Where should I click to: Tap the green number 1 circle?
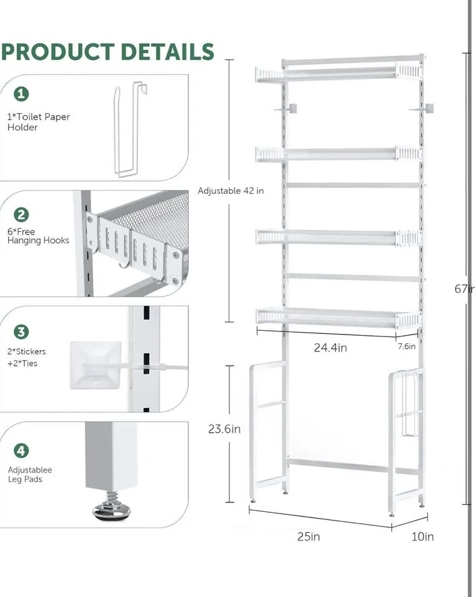click(22, 94)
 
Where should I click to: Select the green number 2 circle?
click(22, 215)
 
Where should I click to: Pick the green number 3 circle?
click(22, 332)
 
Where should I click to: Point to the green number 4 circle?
click(22, 450)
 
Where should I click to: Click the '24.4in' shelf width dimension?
click(330, 348)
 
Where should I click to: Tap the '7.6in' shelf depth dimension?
click(406, 347)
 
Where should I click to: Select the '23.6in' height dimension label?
click(224, 429)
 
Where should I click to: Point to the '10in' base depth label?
click(422, 537)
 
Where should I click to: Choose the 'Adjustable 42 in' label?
click(231, 191)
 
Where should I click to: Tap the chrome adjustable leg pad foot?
click(111, 511)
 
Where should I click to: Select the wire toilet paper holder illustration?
click(129, 131)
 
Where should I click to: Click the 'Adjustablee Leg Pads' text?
click(30, 475)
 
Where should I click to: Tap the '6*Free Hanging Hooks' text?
click(38, 236)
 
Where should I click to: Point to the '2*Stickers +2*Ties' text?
click(26, 357)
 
